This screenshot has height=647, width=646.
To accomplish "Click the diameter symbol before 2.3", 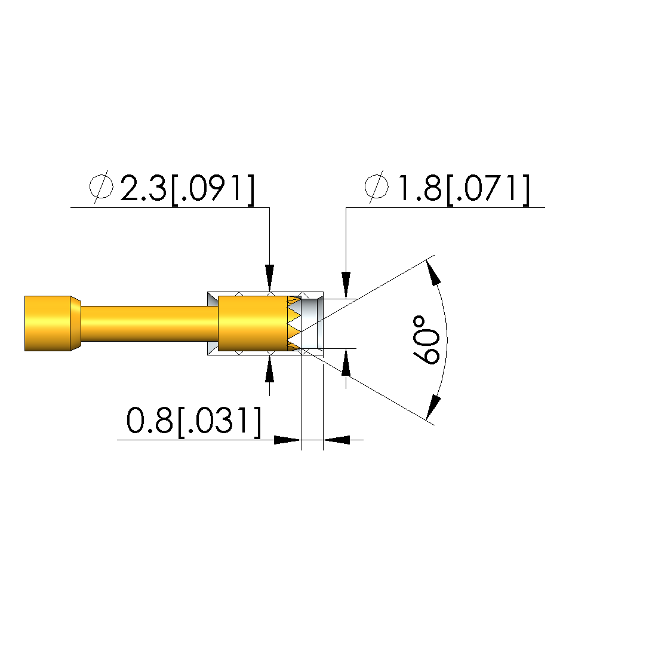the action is click(101, 187).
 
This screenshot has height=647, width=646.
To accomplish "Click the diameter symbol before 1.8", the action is click(376, 187).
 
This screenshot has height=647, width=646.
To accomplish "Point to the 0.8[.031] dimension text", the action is click(194, 421).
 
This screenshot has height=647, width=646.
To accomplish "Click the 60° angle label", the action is click(425, 341).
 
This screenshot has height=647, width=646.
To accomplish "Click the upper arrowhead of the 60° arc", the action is click(433, 273).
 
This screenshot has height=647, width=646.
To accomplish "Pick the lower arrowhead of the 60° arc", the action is click(433, 407).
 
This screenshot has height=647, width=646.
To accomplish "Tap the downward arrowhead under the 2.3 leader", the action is click(270, 278).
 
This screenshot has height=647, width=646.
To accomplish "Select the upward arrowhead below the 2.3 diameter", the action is click(270, 368).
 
